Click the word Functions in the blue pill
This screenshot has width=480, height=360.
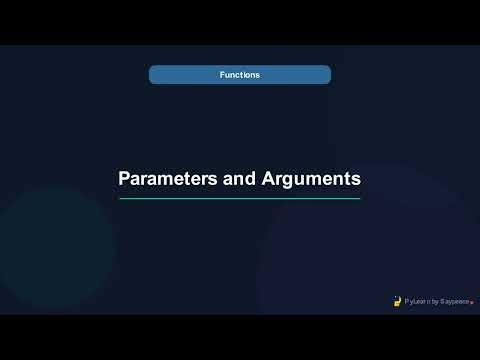click(x=240, y=75)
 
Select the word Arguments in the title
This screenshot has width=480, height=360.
click(x=310, y=180)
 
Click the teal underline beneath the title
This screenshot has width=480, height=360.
click(x=240, y=198)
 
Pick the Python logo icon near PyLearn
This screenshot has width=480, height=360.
click(x=397, y=299)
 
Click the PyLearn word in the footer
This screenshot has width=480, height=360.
click(x=416, y=300)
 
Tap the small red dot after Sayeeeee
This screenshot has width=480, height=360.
click(x=472, y=301)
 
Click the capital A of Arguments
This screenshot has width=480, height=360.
click(x=268, y=180)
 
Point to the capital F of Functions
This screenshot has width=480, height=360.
click(x=222, y=75)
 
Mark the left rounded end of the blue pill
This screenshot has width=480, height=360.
click(x=153, y=75)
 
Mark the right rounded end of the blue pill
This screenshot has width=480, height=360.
click(x=327, y=75)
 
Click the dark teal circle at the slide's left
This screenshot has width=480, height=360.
click(x=55, y=245)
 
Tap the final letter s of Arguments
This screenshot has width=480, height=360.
click(x=355, y=181)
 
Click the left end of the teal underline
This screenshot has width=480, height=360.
click(x=121, y=198)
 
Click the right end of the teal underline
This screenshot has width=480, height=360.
click(x=359, y=198)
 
